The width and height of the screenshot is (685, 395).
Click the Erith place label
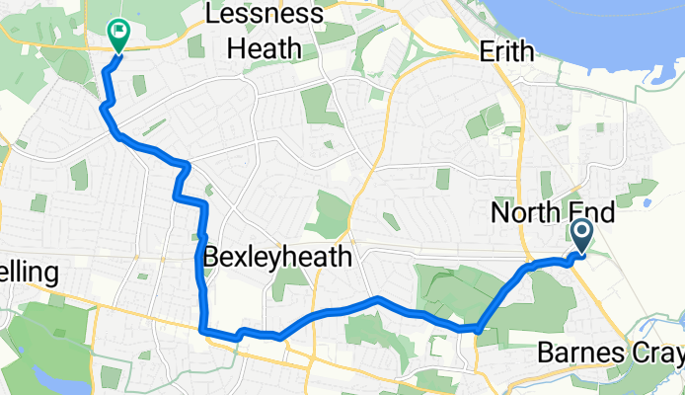click(505, 50)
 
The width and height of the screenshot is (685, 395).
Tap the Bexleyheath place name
click(277, 259)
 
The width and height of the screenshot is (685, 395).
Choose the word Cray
click(657, 354)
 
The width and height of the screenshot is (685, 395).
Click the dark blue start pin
click(580, 235)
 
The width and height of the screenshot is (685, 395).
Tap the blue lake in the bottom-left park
click(44, 376)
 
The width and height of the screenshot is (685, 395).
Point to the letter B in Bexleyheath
click(210, 259)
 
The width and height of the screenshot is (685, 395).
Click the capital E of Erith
click(485, 50)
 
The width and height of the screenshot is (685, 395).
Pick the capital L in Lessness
click(210, 15)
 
